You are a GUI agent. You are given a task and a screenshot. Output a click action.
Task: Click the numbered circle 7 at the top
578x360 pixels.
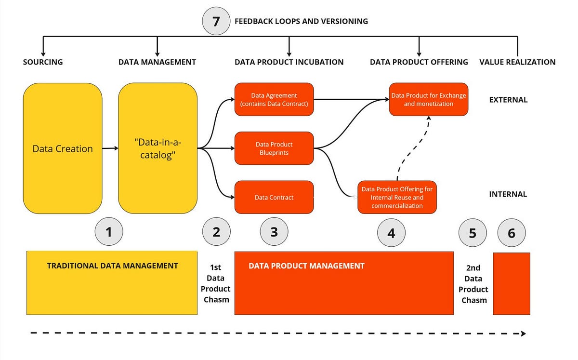[x=215, y=21]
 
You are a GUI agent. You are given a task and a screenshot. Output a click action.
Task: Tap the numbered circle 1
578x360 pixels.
[x=109, y=232]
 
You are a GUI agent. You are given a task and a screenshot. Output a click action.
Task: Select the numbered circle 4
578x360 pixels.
[x=391, y=233]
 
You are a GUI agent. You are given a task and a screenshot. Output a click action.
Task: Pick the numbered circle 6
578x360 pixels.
[x=511, y=233]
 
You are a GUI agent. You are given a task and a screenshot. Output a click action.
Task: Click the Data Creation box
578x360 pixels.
[x=63, y=148]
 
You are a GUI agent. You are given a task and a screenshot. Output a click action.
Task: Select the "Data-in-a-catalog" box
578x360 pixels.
[x=158, y=148]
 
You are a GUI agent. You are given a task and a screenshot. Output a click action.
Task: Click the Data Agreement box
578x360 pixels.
[x=274, y=99]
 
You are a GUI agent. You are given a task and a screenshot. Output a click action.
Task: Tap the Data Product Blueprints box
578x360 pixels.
[x=274, y=148]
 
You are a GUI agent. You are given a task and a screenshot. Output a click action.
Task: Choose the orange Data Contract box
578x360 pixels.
[x=274, y=197]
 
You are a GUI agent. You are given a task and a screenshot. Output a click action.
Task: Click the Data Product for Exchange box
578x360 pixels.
[x=429, y=99]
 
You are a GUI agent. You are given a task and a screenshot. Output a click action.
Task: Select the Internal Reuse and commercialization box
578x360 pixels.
[x=397, y=197]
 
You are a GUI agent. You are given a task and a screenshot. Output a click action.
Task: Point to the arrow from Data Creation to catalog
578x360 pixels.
[x=110, y=148]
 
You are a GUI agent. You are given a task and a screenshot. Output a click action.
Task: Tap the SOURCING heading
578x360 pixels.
[x=43, y=62]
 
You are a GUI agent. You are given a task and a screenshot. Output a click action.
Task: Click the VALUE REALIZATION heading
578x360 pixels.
[x=517, y=62]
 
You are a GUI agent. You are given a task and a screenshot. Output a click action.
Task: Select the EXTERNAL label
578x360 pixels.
[x=508, y=100]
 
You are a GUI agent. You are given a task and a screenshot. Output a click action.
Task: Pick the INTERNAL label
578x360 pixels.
[x=508, y=194]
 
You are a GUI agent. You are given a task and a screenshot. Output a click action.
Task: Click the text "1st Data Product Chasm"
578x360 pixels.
[x=216, y=283]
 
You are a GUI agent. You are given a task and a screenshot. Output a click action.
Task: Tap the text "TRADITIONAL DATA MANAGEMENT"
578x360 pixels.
[x=112, y=266]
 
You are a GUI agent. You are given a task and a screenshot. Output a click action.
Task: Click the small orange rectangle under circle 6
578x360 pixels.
[x=512, y=283]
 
